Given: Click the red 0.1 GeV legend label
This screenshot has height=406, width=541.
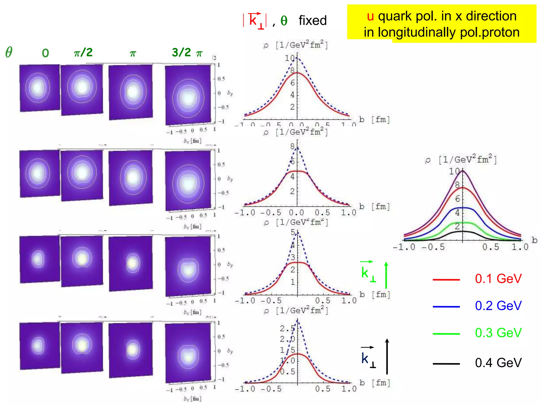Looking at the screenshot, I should click(498, 279).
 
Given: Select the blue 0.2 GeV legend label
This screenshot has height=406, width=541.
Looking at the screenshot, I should click(498, 306).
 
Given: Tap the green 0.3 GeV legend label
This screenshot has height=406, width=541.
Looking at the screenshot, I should click(498, 333).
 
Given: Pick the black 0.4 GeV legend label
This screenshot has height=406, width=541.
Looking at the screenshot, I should click(498, 363).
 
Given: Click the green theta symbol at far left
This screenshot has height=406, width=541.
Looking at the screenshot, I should click(9, 52).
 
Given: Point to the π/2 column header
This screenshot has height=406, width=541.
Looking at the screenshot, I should click(83, 52).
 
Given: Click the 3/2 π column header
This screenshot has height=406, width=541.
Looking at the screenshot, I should click(187, 52).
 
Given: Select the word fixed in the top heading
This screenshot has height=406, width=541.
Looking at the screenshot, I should click(313, 21).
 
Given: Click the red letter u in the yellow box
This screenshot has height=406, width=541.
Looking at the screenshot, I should click(370, 16).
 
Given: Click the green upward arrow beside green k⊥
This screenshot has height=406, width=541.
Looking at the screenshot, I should click(386, 275).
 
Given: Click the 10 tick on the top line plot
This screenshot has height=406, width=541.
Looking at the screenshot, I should click(290, 58).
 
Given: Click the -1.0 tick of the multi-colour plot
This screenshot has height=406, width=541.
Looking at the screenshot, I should click(404, 247).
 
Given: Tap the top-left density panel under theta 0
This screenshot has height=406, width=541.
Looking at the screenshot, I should click(40, 88).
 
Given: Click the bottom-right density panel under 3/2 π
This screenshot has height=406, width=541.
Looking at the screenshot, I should click(188, 353).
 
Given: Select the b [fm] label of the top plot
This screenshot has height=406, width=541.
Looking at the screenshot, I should click(374, 119).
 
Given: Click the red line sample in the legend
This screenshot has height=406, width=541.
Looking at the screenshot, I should click(446, 279).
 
